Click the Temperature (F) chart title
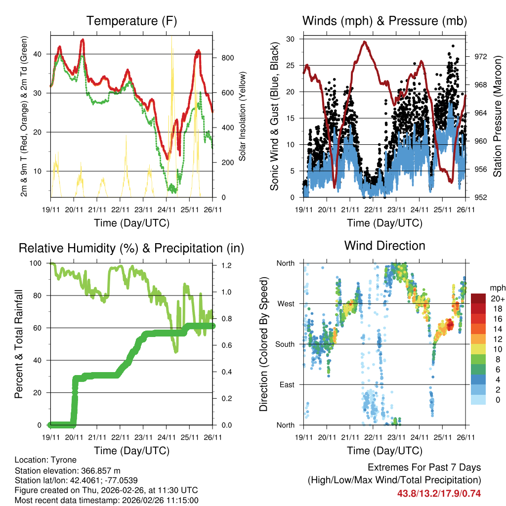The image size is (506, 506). pos(131,21)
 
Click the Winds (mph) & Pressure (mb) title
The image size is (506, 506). pos(384,21)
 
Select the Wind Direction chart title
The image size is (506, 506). pos(384,246)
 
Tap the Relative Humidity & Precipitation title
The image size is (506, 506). pos(131,248)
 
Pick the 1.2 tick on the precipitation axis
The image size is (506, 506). pos(223,265)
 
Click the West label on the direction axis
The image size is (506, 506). pos(286,303)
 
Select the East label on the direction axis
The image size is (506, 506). pos(287,384)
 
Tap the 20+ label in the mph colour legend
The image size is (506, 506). pos(497,298)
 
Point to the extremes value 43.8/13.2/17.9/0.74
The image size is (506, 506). pos(439,493)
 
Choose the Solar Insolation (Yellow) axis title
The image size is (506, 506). pos(243,117)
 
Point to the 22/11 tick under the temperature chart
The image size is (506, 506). pos(120,210)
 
